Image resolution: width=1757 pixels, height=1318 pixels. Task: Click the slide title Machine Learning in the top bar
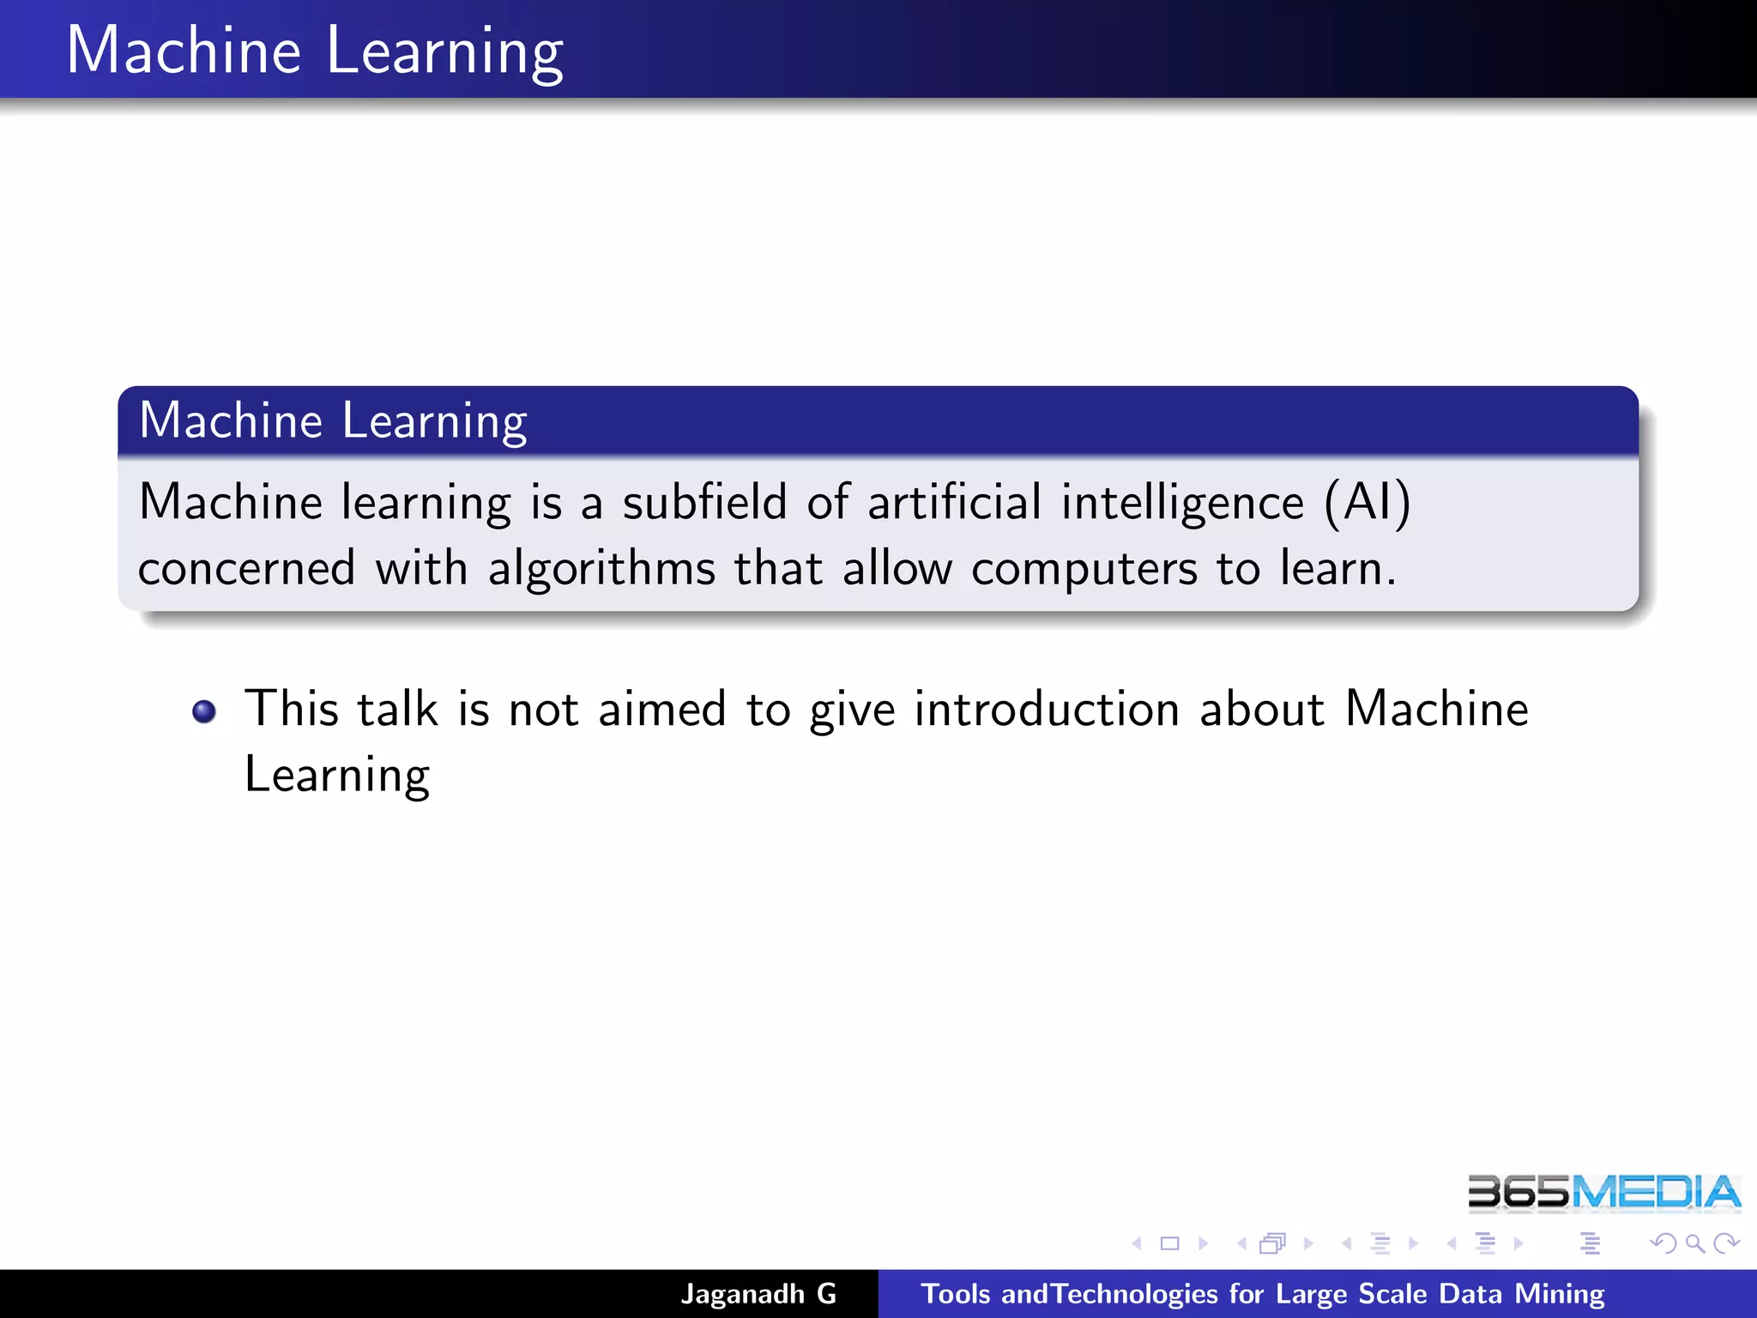click(314, 51)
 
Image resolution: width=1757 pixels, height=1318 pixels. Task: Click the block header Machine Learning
click(333, 420)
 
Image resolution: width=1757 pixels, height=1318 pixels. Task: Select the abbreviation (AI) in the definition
click(1368, 502)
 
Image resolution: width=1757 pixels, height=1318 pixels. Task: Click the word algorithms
click(601, 569)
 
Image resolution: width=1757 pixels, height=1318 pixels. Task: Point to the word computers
click(1084, 569)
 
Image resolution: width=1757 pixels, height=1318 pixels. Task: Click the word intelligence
click(1182, 504)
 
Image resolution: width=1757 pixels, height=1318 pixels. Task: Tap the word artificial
click(954, 502)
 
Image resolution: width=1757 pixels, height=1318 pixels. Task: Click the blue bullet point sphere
click(204, 711)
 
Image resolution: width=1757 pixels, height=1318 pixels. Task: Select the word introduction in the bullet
click(1047, 710)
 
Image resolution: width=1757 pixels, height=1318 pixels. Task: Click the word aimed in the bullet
click(661, 710)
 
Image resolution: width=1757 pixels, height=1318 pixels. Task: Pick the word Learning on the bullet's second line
click(337, 776)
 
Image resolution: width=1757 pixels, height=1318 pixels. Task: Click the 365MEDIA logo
click(1603, 1193)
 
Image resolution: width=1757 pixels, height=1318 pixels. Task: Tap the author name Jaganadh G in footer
click(758, 1294)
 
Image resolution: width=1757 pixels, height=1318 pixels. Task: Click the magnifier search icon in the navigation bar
click(1694, 1243)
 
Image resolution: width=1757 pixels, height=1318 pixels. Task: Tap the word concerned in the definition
click(247, 569)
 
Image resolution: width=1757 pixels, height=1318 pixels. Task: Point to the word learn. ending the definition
click(1337, 569)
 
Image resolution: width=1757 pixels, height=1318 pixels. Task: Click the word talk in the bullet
click(397, 710)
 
